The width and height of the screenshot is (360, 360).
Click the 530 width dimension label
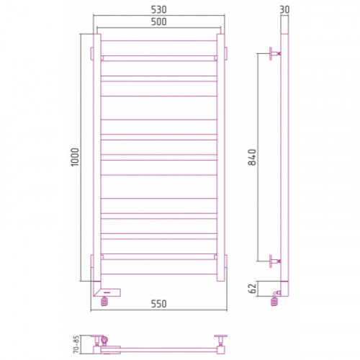pyautogui.click(x=158, y=9)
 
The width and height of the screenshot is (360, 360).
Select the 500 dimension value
pyautogui.click(x=158, y=22)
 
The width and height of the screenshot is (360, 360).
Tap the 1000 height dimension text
pyautogui.click(x=75, y=157)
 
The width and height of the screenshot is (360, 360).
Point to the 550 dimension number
pyautogui.click(x=158, y=304)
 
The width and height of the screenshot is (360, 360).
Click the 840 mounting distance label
pyautogui.click(x=252, y=157)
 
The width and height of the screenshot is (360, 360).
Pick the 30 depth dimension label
pyautogui.click(x=284, y=9)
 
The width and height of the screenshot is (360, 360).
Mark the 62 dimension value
pyautogui.click(x=252, y=288)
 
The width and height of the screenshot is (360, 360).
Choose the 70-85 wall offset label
pyautogui.click(x=76, y=344)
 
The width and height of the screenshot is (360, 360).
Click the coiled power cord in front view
pyautogui.click(x=104, y=301)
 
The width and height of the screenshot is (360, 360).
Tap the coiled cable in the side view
pyautogui.click(x=274, y=302)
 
